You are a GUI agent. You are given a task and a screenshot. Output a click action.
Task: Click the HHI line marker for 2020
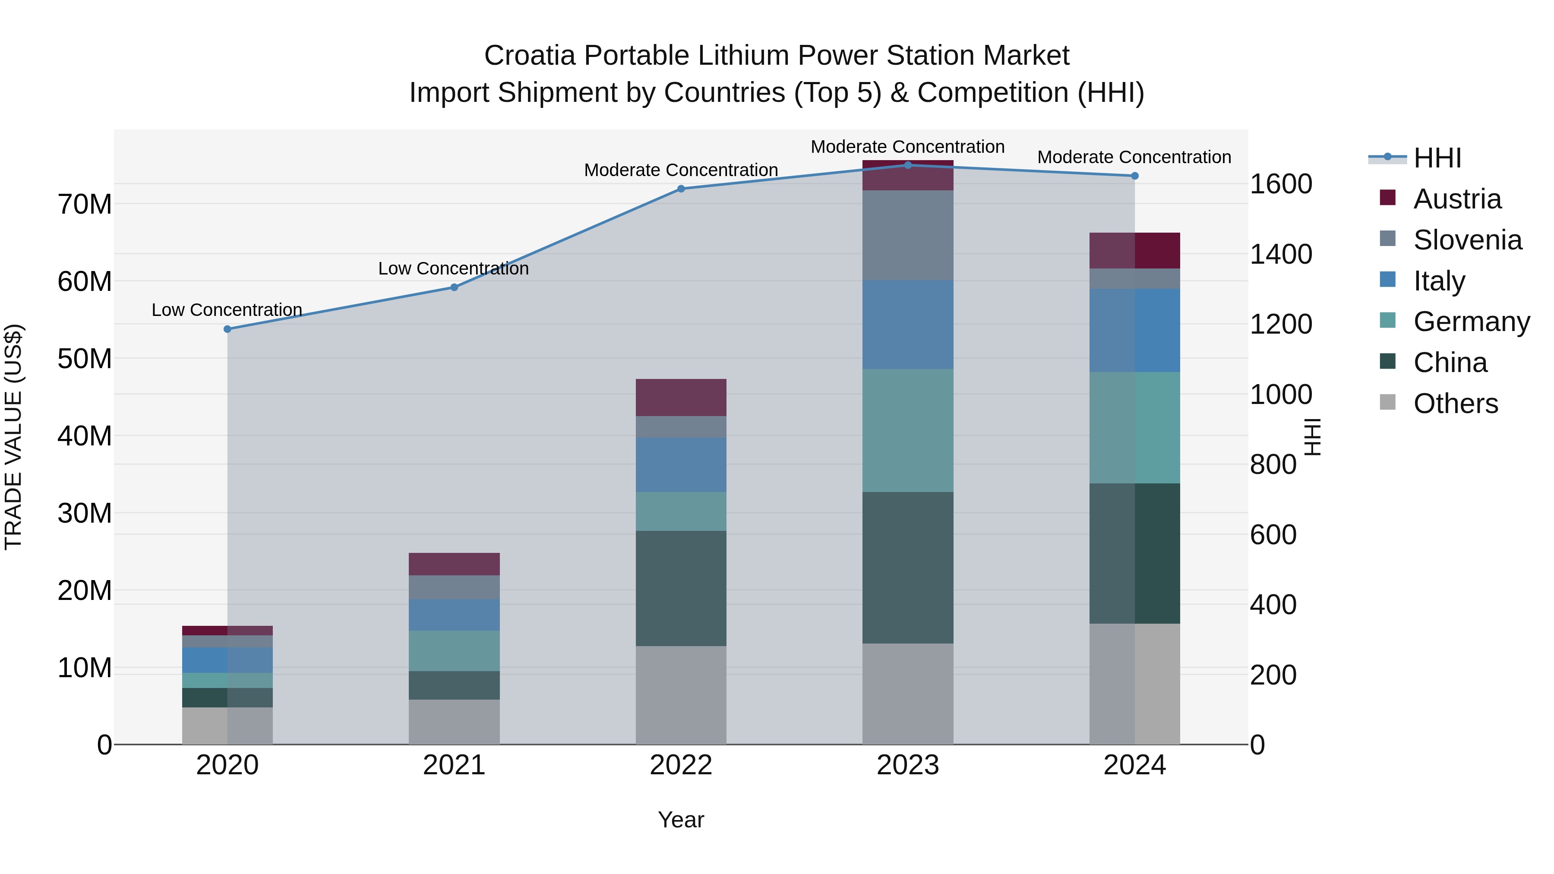tap(227, 329)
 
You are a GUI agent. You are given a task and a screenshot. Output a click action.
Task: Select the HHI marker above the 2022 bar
tap(681, 189)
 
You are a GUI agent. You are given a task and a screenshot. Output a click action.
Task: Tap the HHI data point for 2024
tap(1135, 176)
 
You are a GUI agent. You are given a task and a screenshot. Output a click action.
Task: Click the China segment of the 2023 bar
tap(908, 567)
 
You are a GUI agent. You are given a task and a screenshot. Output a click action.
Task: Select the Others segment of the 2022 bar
tap(681, 695)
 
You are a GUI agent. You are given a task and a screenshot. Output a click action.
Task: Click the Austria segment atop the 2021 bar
tap(454, 564)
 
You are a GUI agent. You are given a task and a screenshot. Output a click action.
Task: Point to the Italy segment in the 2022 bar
tap(681, 464)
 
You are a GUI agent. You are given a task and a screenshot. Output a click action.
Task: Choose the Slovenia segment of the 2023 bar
tap(908, 235)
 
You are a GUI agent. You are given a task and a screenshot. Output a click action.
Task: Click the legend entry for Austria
tap(1456, 199)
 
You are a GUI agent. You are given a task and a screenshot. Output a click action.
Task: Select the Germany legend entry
tap(1471, 322)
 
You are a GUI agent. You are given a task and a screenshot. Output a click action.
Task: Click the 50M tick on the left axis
tap(85, 359)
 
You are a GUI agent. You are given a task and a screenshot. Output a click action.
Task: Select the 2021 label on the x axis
tap(454, 765)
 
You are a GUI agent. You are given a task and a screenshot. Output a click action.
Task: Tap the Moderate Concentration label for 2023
tap(907, 147)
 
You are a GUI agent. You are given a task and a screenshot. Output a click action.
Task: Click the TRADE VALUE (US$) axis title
tap(13, 437)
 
